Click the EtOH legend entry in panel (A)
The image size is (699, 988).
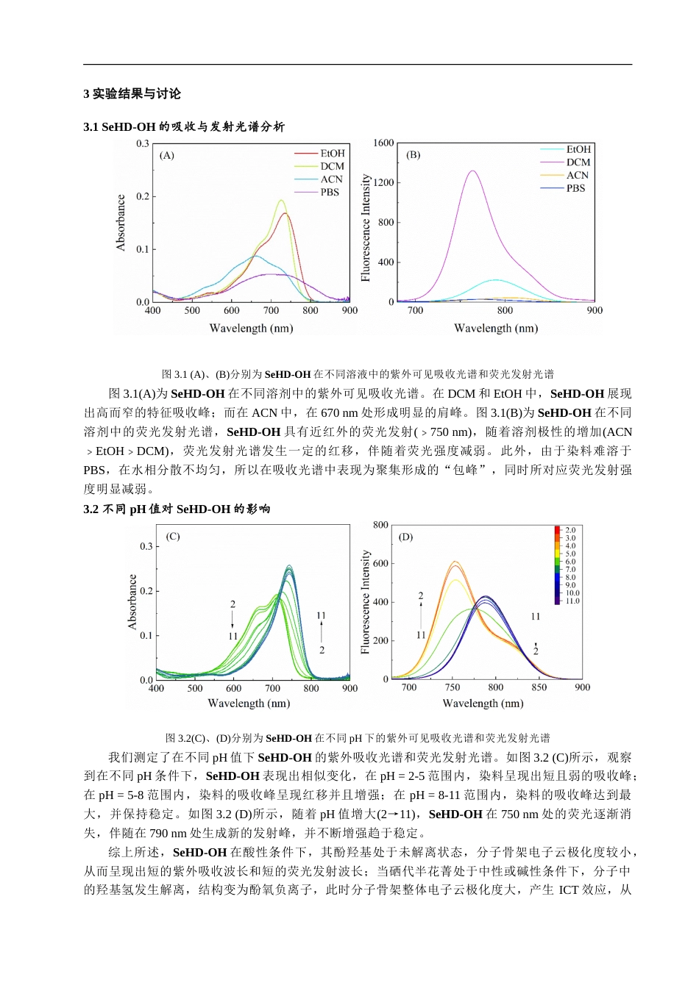[x=332, y=154]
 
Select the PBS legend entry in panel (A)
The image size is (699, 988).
[x=329, y=193]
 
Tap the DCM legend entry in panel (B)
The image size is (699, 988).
[x=578, y=162]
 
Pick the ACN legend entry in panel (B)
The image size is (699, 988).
[x=577, y=175]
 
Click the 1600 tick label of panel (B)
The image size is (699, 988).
[x=383, y=143]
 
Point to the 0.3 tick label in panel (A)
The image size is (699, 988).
[x=142, y=144]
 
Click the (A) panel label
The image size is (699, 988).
[x=167, y=155]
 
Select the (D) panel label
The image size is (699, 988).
[x=405, y=537]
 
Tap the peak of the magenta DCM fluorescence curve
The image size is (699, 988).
[x=472, y=171]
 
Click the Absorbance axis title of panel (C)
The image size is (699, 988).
[x=132, y=602]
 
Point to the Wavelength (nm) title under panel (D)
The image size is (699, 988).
[x=483, y=704]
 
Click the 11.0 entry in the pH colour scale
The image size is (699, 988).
[x=572, y=601]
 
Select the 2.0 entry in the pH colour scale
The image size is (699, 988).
[x=570, y=530]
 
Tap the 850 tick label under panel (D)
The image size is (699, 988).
[x=539, y=688]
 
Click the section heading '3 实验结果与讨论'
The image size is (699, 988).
[x=132, y=94]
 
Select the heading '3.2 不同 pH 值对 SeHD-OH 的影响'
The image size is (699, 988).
[x=177, y=509]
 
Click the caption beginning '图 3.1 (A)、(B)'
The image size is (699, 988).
[x=358, y=374]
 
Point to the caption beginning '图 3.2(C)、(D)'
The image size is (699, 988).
[x=358, y=738]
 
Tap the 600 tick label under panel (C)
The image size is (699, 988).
[x=233, y=689]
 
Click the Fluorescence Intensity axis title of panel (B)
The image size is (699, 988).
[x=366, y=228]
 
